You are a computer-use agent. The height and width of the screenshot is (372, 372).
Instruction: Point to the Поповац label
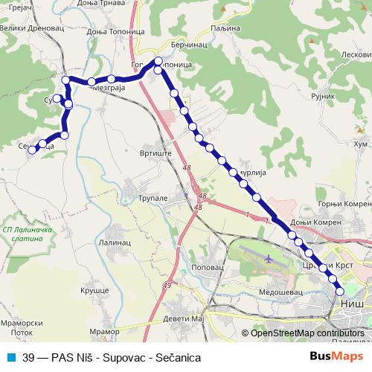tap(207, 266)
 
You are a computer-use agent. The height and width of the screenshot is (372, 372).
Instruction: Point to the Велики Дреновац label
tap(26, 29)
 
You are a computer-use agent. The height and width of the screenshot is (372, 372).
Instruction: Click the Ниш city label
tap(350, 304)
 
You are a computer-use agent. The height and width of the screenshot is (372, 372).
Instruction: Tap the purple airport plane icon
tap(267, 260)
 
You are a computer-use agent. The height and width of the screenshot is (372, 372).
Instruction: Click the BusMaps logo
tap(335, 357)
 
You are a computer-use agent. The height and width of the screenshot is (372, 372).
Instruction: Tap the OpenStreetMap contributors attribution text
tap(307, 333)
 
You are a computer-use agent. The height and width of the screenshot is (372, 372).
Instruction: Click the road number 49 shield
tap(167, 286)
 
